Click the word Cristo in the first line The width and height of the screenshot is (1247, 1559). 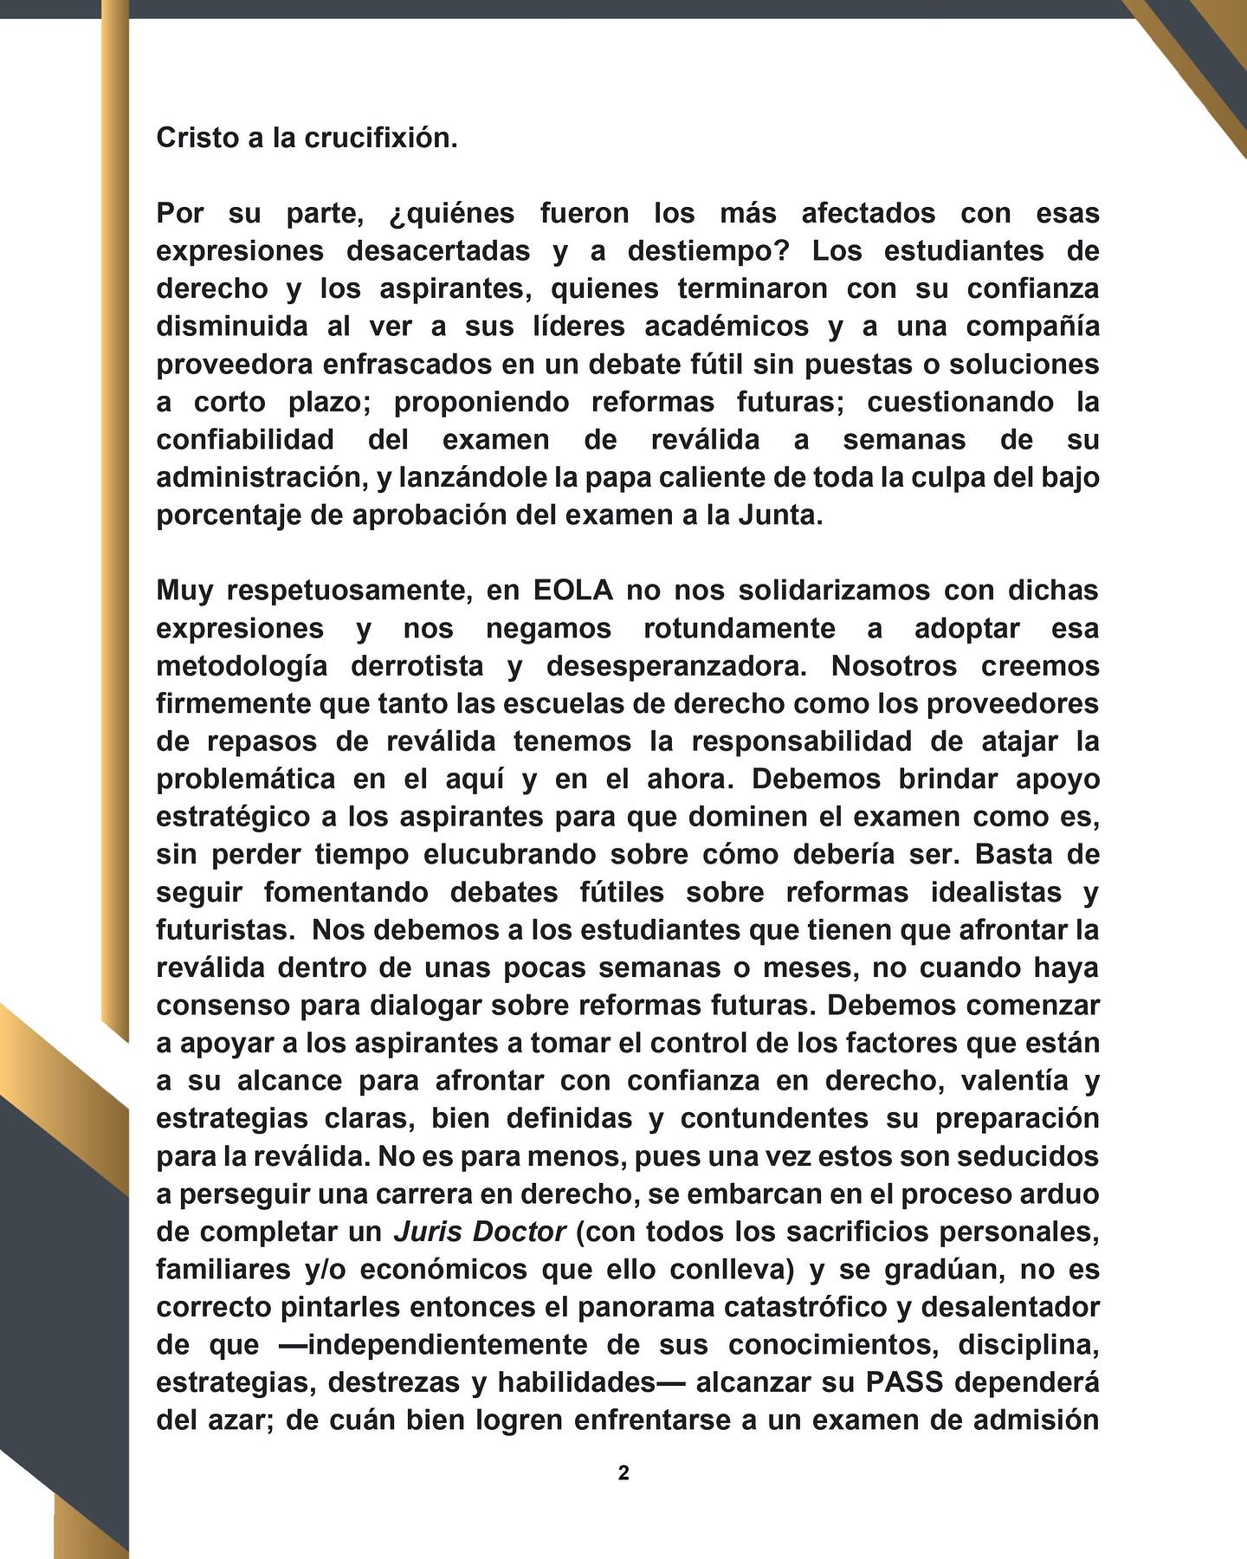coord(196,138)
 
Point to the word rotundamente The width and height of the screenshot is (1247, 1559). coord(740,628)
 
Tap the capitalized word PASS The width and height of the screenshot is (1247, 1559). coord(904,1382)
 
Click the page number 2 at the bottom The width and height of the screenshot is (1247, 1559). coord(623,1473)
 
